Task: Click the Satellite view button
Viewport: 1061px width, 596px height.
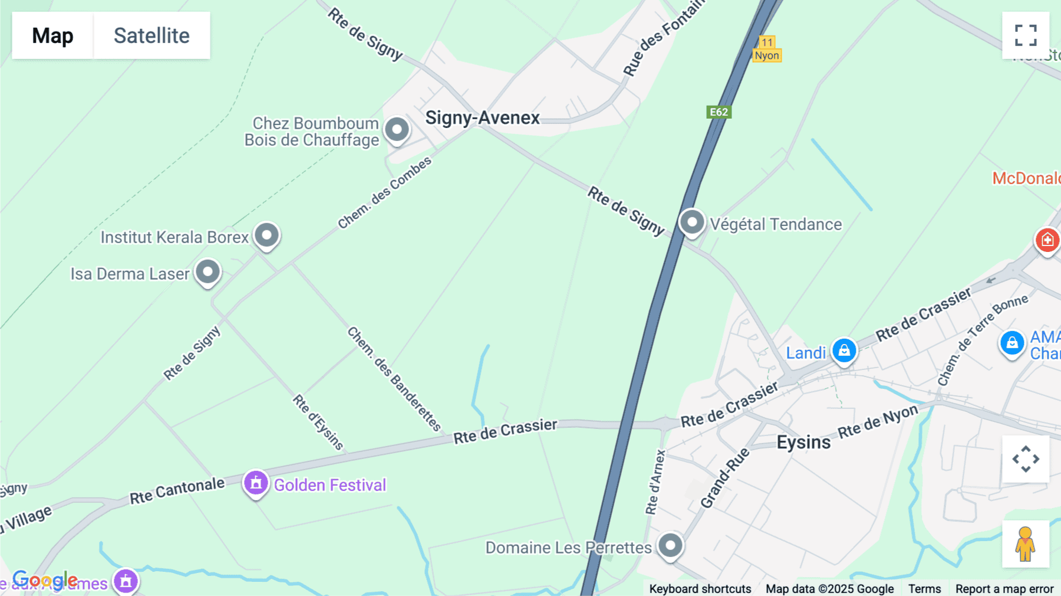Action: click(151, 35)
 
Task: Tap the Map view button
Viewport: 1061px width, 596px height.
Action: click(52, 35)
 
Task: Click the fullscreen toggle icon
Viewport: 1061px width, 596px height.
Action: click(1026, 35)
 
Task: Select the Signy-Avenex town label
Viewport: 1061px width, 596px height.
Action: click(482, 117)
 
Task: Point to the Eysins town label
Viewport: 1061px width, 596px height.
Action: click(803, 442)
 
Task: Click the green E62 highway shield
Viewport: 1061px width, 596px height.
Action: click(719, 112)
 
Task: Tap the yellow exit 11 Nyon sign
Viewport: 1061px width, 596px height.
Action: click(767, 49)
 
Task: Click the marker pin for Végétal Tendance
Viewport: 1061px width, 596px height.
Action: click(692, 223)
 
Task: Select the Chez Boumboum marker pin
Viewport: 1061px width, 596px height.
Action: click(397, 129)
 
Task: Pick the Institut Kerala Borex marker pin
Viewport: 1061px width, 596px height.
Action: click(266, 235)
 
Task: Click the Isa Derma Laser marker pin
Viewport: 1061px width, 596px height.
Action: click(207, 272)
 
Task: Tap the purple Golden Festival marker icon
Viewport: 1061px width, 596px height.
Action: click(256, 483)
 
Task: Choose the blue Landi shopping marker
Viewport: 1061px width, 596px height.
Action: click(844, 351)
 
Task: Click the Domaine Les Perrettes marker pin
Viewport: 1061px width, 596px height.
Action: click(670, 545)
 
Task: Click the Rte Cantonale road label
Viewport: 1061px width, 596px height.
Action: click(177, 491)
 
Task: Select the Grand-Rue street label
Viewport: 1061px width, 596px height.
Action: click(724, 478)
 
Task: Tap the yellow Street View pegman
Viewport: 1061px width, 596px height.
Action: click(1025, 544)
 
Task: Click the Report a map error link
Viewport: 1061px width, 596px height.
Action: click(1004, 589)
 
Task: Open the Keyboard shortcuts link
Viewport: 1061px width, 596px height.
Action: click(700, 589)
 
